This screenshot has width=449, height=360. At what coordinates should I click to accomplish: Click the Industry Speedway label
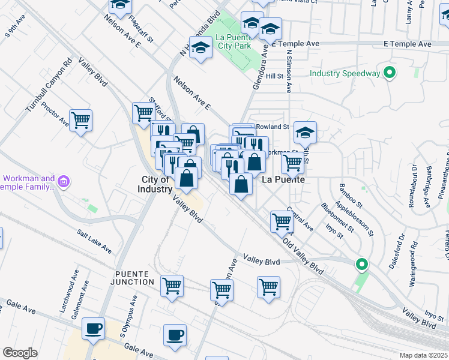coord(345,73)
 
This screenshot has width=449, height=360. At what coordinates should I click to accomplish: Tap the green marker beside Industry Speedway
coord(390,73)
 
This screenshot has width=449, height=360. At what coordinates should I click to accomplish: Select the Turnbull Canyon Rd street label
coord(49,84)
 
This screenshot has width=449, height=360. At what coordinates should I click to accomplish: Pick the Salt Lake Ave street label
coord(94,241)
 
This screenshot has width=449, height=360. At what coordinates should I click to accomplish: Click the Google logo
coord(20,353)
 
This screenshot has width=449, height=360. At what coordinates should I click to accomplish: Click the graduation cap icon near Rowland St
coord(306,132)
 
